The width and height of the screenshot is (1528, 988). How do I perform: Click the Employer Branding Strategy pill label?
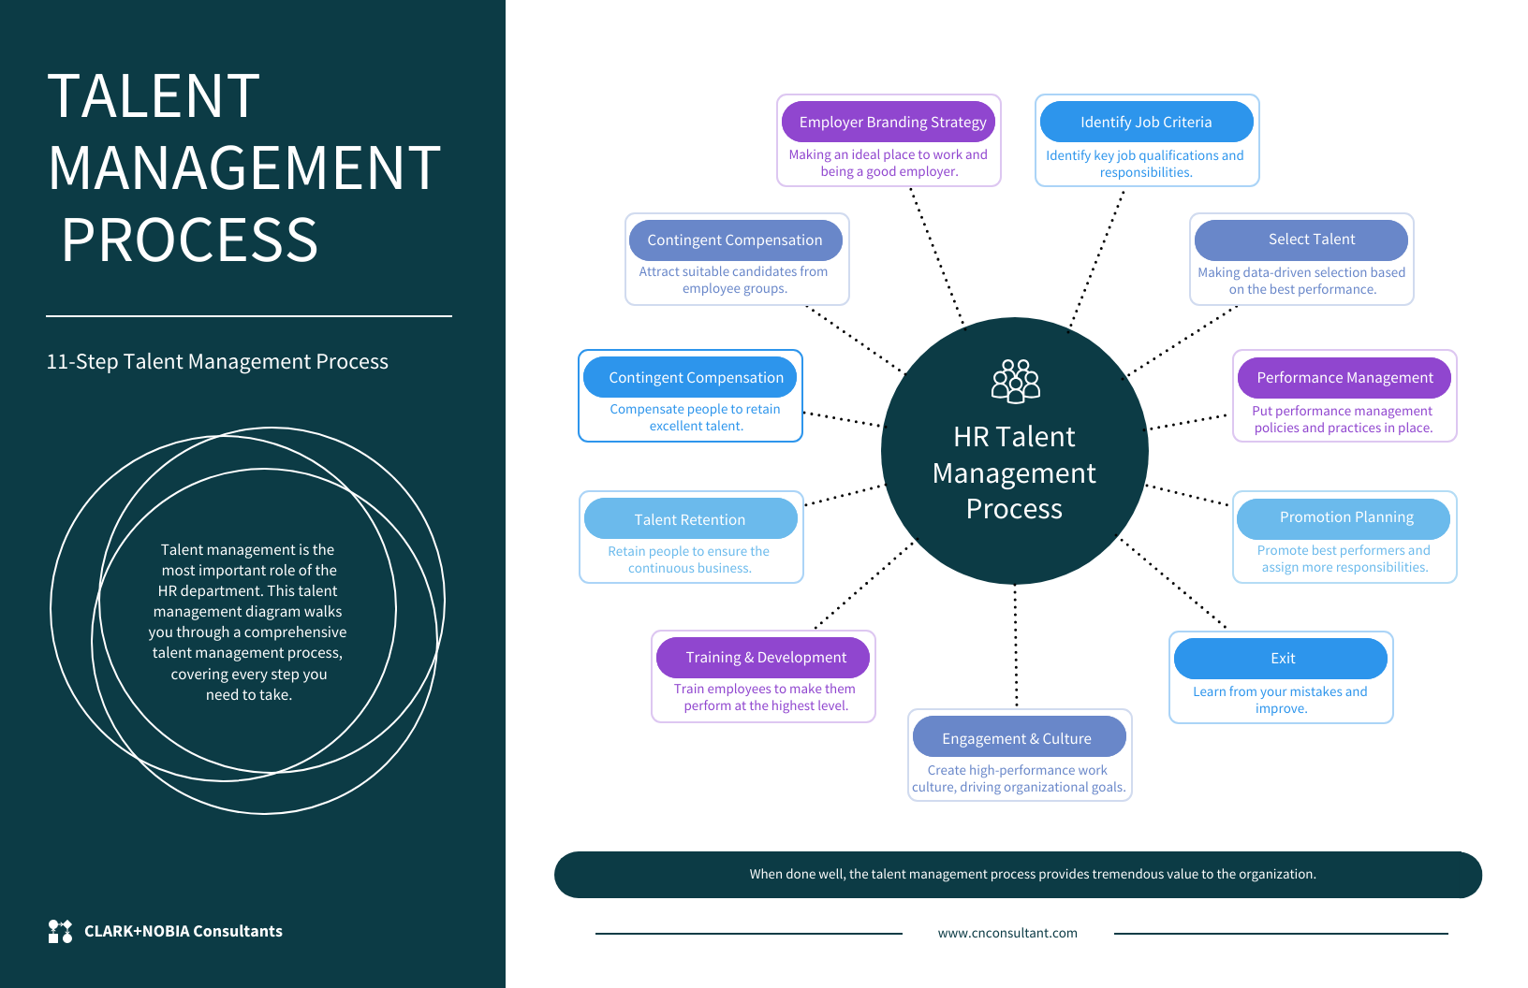pos(891,123)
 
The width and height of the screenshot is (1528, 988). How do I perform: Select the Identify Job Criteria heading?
pos(1146,123)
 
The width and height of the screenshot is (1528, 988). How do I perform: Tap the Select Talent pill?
pos(1311,240)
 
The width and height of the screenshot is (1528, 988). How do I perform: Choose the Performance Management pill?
pos(1344,378)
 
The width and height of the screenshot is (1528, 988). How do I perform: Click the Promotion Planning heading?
pos(1346,517)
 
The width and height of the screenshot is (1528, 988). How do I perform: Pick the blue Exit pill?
pos(1282,659)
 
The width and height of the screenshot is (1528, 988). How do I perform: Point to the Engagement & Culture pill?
pos(1017,738)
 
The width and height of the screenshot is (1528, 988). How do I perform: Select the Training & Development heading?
pos(765,658)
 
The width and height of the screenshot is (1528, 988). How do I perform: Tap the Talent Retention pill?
pos(690,519)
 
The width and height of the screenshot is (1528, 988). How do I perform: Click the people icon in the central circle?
pos(1016,381)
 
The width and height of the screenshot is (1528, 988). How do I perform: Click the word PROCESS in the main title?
pos(190,240)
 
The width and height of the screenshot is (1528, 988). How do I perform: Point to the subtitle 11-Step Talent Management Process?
pos(217,362)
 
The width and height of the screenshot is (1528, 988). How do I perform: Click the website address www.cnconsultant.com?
pos(1007,933)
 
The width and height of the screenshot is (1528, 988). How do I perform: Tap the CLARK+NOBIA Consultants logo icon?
pos(60,931)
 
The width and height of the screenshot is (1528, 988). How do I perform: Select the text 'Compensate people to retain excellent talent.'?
pos(695,417)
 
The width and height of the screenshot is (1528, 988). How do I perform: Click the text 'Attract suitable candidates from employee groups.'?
pos(733,280)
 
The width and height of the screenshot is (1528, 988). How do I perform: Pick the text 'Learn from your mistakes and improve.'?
pos(1280,700)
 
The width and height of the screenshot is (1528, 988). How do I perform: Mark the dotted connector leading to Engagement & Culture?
pos(1016,646)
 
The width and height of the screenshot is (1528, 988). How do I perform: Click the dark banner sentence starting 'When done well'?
pos(1032,874)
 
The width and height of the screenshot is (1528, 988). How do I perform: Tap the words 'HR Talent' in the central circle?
pos(1014,437)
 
